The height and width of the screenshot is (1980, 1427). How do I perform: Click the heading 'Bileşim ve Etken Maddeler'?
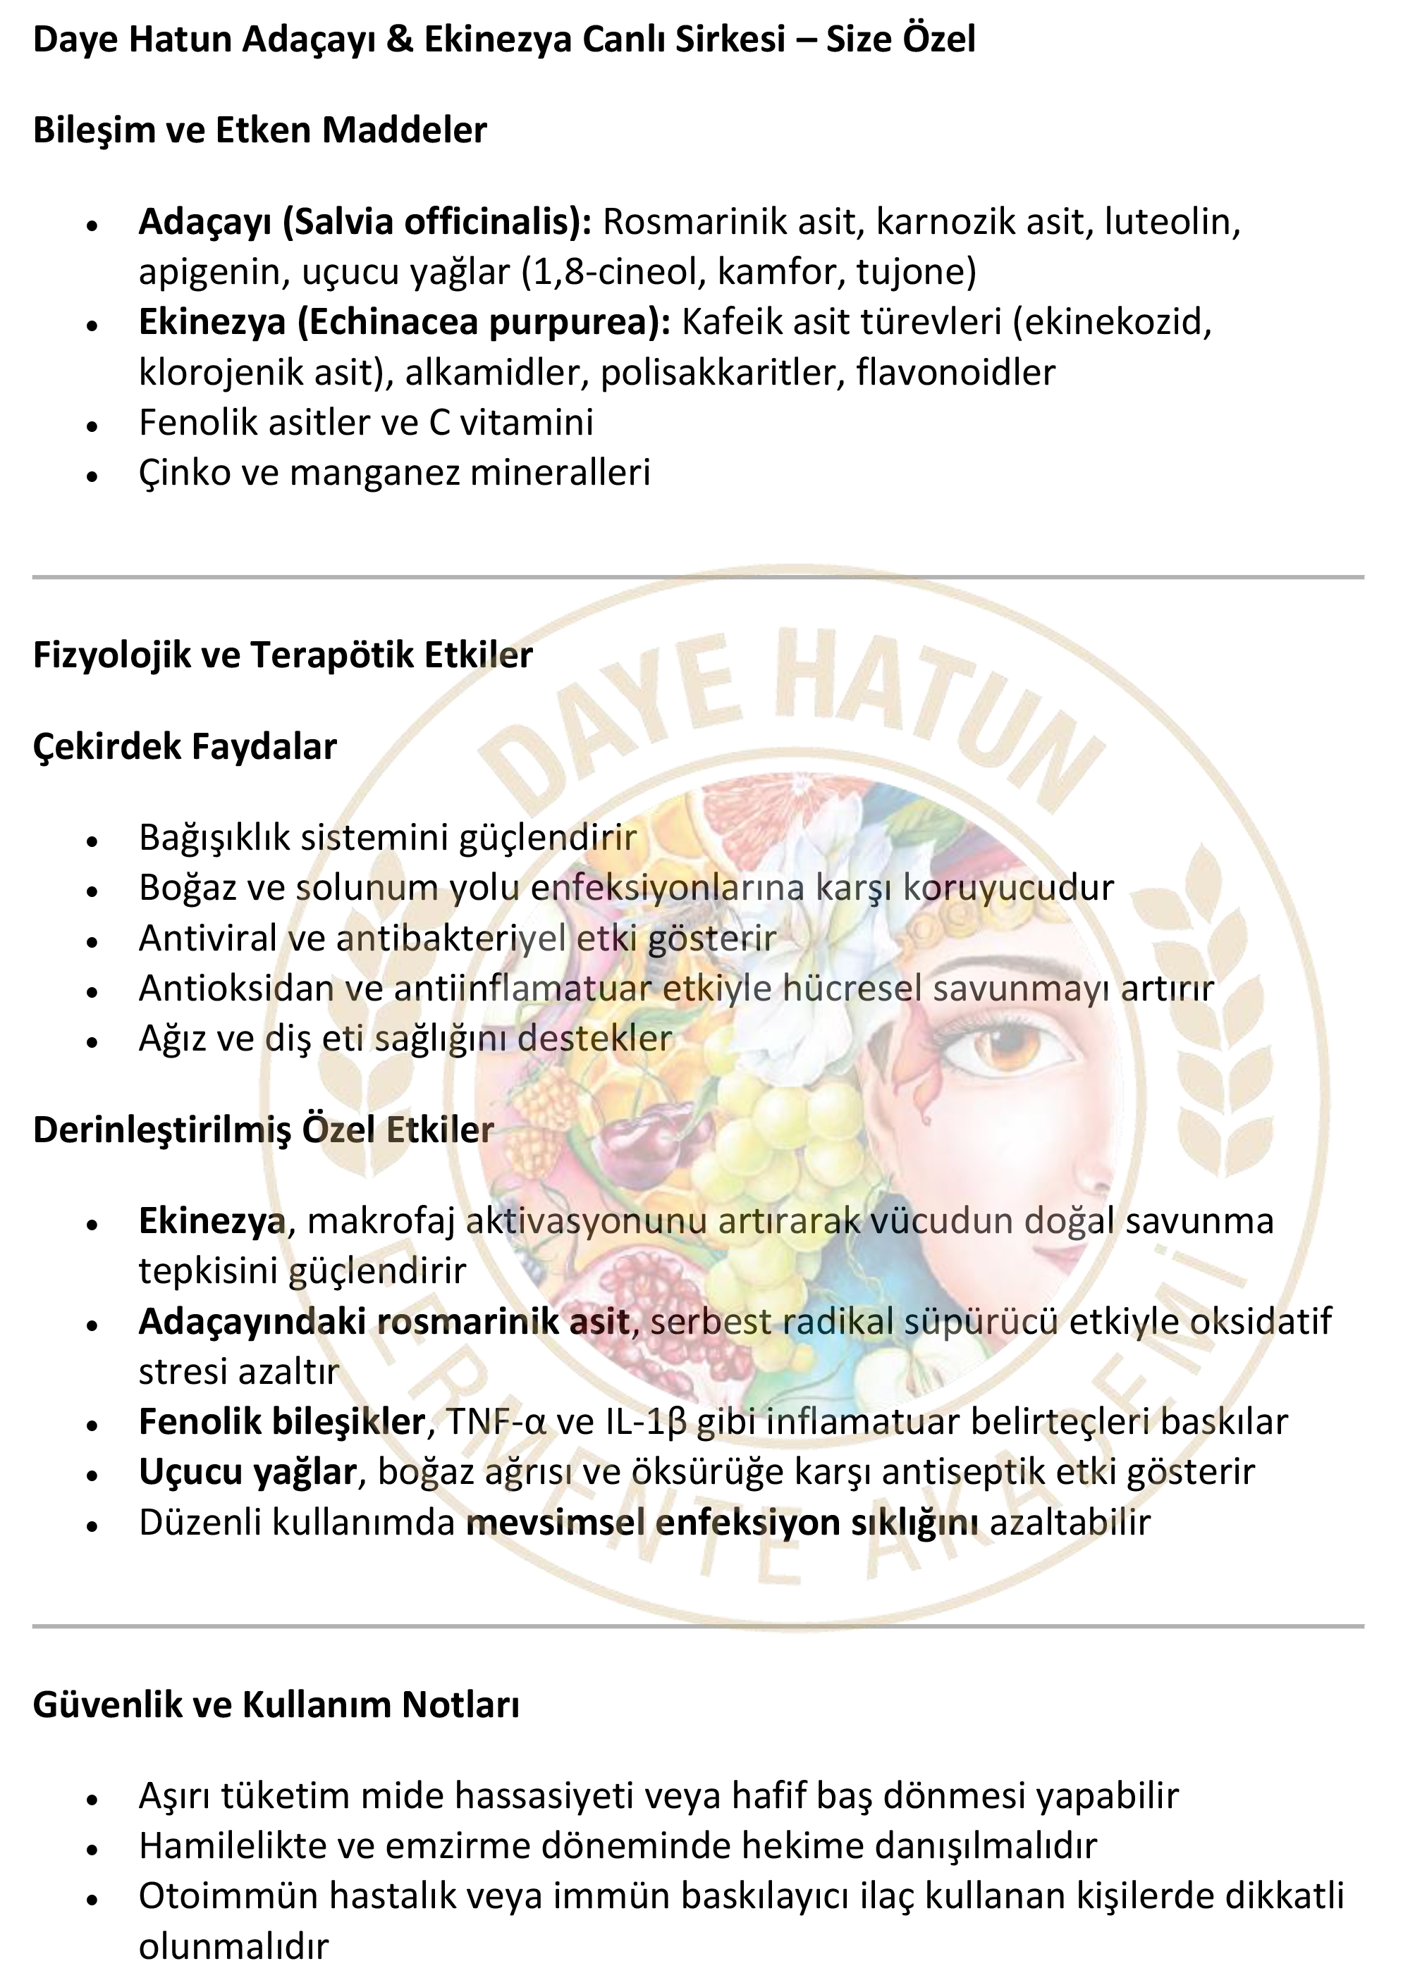(x=259, y=130)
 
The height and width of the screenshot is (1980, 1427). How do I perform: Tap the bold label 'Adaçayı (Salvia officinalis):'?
(x=365, y=222)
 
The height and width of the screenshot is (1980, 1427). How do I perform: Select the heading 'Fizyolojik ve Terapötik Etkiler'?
(x=282, y=655)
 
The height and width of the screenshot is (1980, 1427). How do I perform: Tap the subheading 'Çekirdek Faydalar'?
(x=184, y=746)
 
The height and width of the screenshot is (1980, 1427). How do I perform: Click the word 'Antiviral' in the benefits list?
(x=207, y=939)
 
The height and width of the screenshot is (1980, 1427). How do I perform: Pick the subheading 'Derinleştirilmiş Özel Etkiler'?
(x=263, y=1130)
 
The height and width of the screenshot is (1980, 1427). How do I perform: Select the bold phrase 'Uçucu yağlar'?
(x=248, y=1472)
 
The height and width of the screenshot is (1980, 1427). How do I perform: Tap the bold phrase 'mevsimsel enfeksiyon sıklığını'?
(x=721, y=1523)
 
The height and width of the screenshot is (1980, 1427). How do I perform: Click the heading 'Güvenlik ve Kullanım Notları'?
(x=276, y=1705)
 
